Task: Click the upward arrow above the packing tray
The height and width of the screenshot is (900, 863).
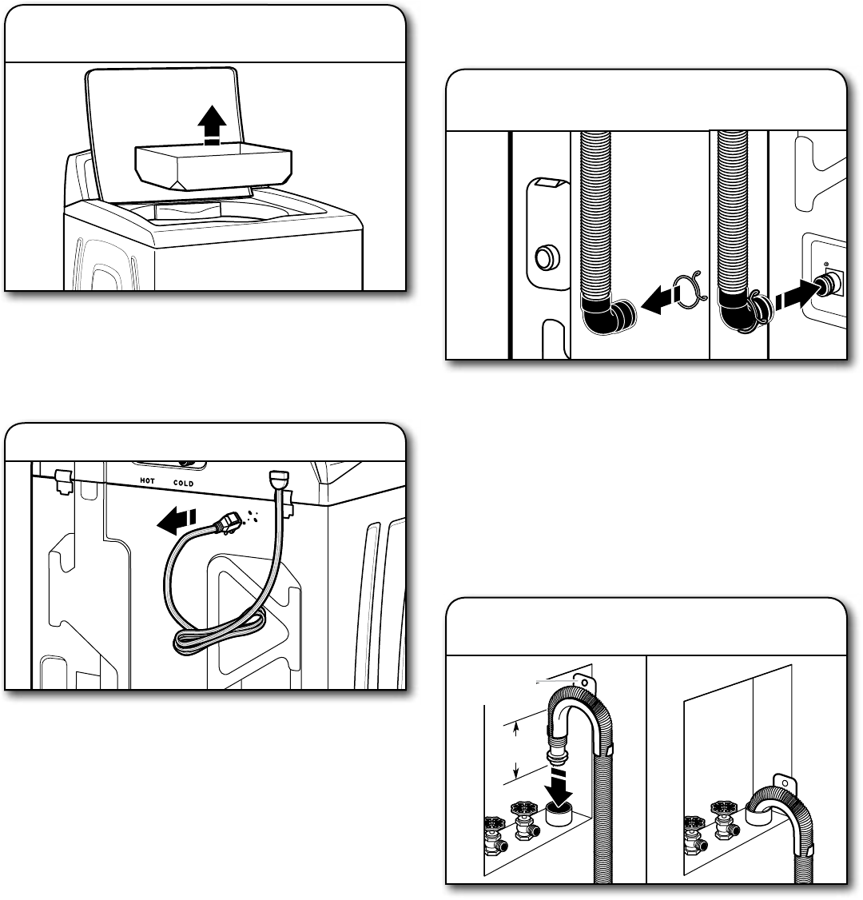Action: [x=212, y=125]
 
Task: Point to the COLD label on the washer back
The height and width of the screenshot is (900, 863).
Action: [x=184, y=483]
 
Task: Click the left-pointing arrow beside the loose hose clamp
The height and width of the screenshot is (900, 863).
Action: [x=659, y=302]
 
